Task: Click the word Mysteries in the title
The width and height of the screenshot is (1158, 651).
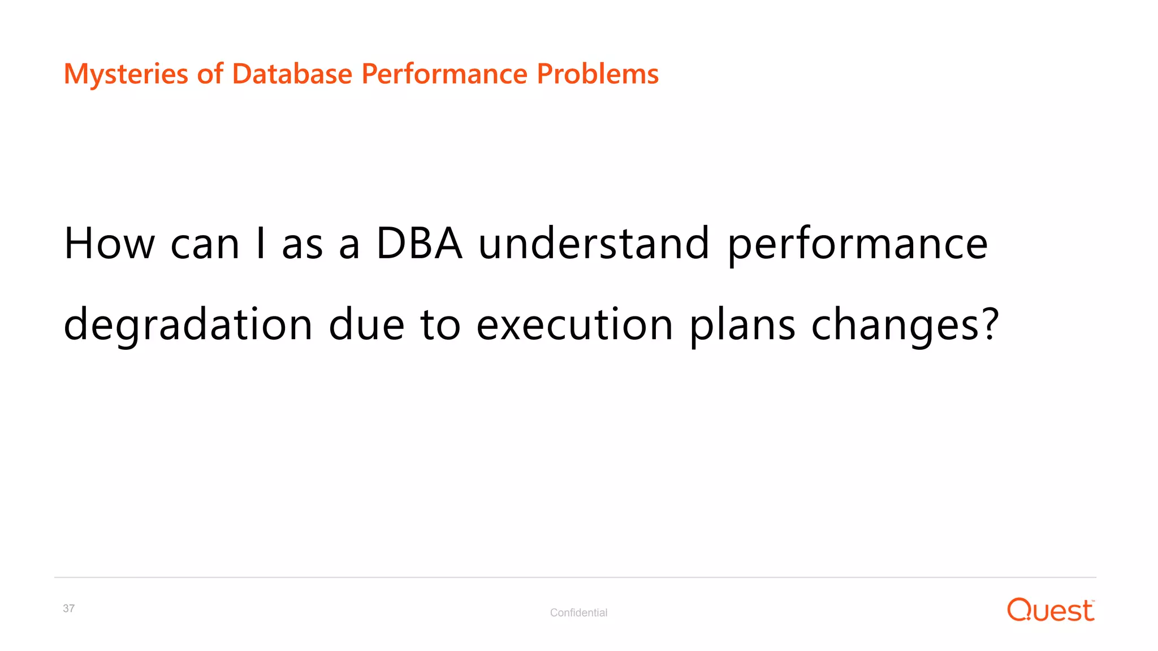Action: (x=126, y=74)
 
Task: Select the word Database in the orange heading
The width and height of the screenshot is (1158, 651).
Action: (x=292, y=74)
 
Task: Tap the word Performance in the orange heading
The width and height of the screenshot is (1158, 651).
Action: (x=444, y=74)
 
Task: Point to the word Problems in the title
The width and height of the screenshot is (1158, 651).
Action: (x=597, y=74)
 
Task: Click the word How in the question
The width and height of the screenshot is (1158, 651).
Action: (x=109, y=244)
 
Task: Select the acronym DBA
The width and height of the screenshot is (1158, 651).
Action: (x=419, y=244)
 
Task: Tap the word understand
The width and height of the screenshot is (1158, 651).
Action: (x=593, y=244)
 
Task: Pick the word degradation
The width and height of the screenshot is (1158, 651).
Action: (x=188, y=325)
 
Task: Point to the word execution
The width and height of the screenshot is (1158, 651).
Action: (x=574, y=325)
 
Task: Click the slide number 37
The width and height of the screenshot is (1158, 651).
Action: (x=68, y=609)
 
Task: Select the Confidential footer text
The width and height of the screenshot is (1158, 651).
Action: (x=578, y=613)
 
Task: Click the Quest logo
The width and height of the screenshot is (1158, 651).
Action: (x=1050, y=610)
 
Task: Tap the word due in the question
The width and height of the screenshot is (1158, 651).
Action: (x=366, y=325)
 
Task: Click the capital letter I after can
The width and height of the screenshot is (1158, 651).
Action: (x=260, y=244)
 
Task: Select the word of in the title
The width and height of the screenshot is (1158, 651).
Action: (x=210, y=74)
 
